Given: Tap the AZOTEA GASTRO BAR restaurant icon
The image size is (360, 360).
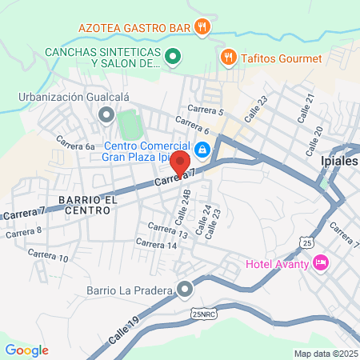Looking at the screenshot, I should point(202,26).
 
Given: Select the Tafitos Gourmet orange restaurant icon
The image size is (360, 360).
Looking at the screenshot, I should point(229,58).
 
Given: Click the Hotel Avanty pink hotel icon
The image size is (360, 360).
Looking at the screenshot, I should point(321,262).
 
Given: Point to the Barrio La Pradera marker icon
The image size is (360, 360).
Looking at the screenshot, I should point(186,288).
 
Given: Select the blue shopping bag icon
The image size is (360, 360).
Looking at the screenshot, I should point(203,150).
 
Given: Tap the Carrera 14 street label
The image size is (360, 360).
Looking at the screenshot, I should point(156,244).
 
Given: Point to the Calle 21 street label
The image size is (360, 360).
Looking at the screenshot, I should point(306,106).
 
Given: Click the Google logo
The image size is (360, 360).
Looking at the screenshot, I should point(26,349).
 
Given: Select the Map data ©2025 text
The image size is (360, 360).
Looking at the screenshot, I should point(325,354).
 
